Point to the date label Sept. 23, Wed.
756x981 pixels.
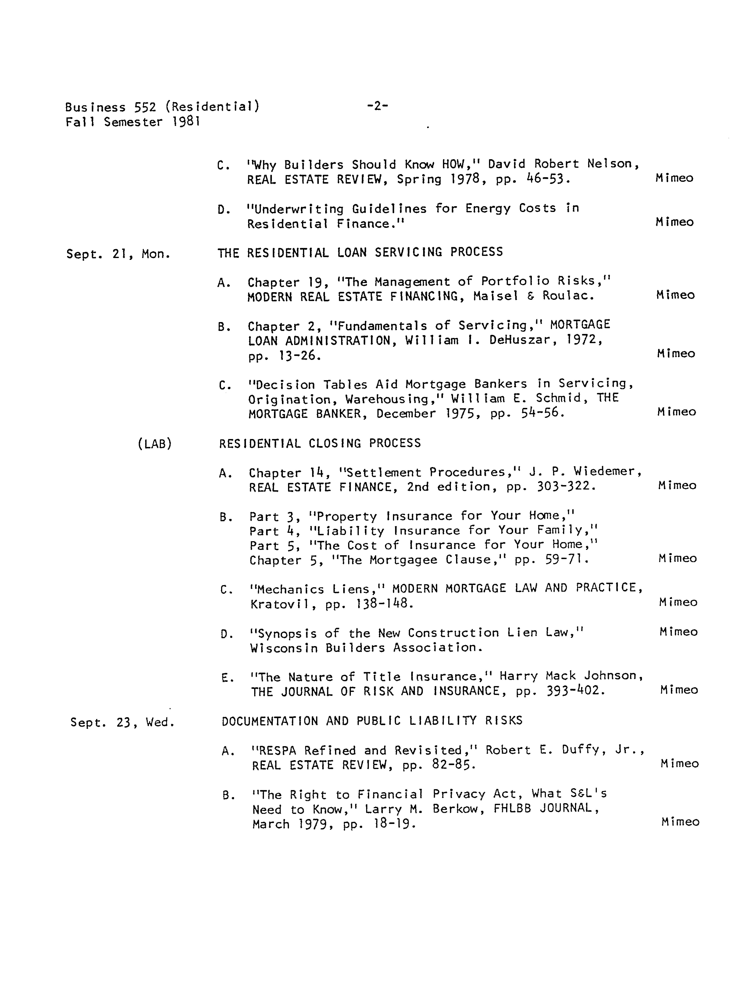[122, 722]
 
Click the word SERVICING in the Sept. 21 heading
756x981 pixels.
[409, 252]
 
